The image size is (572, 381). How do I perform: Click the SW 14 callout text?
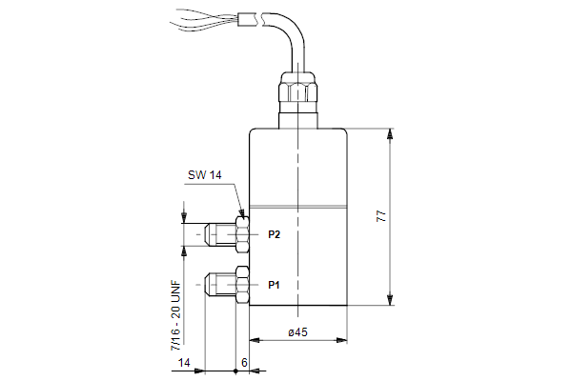click(204, 175)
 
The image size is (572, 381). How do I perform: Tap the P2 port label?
click(274, 234)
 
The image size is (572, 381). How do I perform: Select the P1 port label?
click(274, 285)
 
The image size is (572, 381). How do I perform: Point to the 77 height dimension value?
click(380, 216)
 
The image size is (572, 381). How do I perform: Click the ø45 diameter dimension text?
click(297, 332)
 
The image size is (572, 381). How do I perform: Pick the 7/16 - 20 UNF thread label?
click(175, 315)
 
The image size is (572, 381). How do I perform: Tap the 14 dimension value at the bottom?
click(184, 363)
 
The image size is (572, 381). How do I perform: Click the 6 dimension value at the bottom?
click(244, 362)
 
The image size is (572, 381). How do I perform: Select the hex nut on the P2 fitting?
click(242, 234)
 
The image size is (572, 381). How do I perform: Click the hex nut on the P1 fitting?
click(242, 285)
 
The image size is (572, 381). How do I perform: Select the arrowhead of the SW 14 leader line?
click(241, 213)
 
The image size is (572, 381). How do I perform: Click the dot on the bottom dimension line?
click(235, 371)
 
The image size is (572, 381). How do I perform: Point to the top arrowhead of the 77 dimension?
click(390, 133)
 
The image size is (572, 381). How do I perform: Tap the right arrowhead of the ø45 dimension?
click(341, 340)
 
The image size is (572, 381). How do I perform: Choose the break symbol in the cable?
click(259, 19)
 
